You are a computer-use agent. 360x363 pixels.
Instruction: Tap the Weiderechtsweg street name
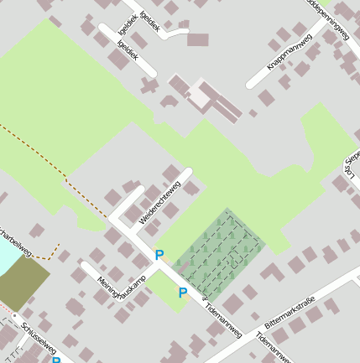159,205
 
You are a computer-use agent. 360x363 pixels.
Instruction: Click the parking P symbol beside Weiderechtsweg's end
159,254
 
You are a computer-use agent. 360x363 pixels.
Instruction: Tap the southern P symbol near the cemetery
182,293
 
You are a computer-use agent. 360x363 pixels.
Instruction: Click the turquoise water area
4,256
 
